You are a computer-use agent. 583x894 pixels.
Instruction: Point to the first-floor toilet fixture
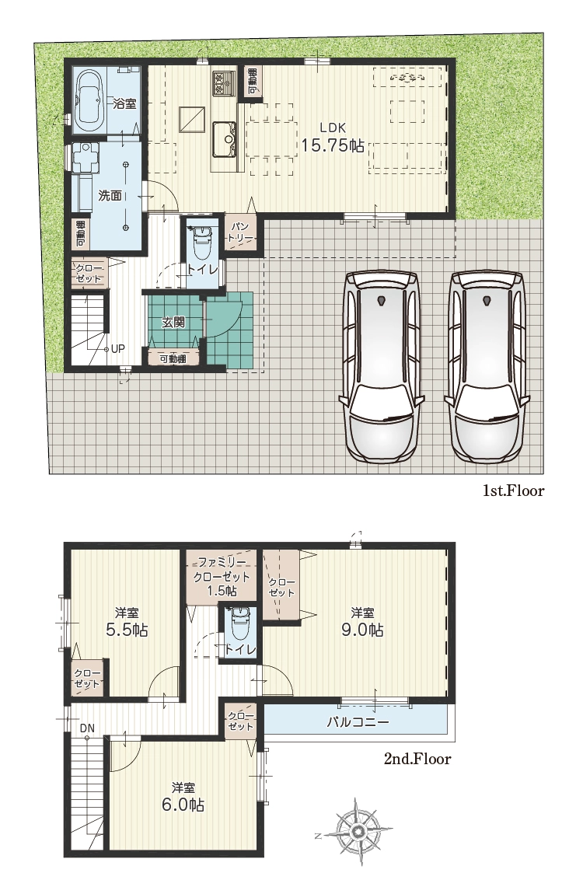coord(202,242)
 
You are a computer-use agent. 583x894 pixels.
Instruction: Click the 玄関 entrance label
coord(173,322)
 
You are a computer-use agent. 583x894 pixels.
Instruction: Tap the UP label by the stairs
coord(117,348)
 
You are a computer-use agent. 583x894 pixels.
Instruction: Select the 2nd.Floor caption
coord(417,759)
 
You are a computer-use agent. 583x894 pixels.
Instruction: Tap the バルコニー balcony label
coord(357,722)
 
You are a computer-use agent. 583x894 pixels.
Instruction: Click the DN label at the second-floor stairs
coord(87,728)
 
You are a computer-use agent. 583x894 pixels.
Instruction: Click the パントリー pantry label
coord(239,232)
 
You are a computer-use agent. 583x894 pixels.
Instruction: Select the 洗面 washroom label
coord(110,196)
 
